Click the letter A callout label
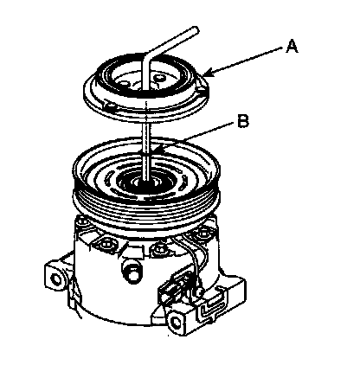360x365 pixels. coord(292,47)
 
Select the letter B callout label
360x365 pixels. coord(243,121)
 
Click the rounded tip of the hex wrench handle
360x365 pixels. coord(196,29)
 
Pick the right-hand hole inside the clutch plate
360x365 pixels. coord(158,78)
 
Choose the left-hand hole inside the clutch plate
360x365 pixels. coord(124,84)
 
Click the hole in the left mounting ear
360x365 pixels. coord(55,279)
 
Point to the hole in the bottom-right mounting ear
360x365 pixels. coord(175,321)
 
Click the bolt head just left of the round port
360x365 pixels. coord(106,244)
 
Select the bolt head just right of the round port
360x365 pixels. coord(158,248)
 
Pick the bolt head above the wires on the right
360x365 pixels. coord(202,232)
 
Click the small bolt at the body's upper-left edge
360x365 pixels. coord(83,221)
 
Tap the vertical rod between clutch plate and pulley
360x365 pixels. coord(147,141)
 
